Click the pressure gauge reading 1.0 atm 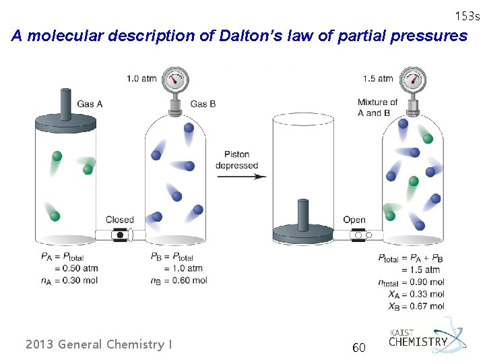pyautogui.click(x=176, y=80)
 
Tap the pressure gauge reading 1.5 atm pyautogui.click(x=412, y=80)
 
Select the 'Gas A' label pyautogui.click(x=90, y=104)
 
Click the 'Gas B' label pyautogui.click(x=203, y=104)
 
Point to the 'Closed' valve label pyautogui.click(x=120, y=220)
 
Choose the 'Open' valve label pyautogui.click(x=354, y=220)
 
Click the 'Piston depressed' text pyautogui.click(x=237, y=160)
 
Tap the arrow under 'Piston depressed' pyautogui.click(x=241, y=177)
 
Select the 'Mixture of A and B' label pyautogui.click(x=377, y=108)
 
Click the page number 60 pyautogui.click(x=359, y=348)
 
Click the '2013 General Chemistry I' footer pyautogui.click(x=98, y=344)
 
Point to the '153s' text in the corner pyautogui.click(x=467, y=16)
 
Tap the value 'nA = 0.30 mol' pyautogui.click(x=69, y=280)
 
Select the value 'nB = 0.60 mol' pyautogui.click(x=179, y=280)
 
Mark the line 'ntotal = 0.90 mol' pyautogui.click(x=411, y=282)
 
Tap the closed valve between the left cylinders pyautogui.click(x=120, y=235)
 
